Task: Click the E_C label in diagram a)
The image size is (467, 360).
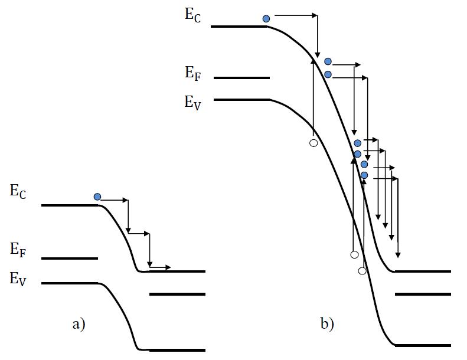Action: coord(18,191)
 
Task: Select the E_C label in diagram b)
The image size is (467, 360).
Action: coord(192,15)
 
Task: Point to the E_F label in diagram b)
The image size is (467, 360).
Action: coord(193,73)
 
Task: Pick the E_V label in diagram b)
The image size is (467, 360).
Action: coord(193,102)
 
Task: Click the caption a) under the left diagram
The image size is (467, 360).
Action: coord(78,323)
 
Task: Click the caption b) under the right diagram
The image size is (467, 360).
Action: coord(327,323)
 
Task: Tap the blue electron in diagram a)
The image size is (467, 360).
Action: coord(97,197)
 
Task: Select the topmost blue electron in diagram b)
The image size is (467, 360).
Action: coord(266,19)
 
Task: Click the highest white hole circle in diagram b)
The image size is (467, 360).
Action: coord(313,143)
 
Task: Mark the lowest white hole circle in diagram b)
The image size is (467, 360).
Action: coord(363,270)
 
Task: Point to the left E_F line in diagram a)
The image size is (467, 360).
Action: coord(70,258)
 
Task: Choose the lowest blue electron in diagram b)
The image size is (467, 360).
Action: coord(364,175)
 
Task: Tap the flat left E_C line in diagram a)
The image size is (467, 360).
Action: coord(70,205)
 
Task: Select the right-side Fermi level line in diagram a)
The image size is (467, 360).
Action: coord(177,293)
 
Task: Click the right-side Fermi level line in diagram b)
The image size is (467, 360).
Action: coord(423,293)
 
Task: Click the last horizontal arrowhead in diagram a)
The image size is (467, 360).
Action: coord(168,268)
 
